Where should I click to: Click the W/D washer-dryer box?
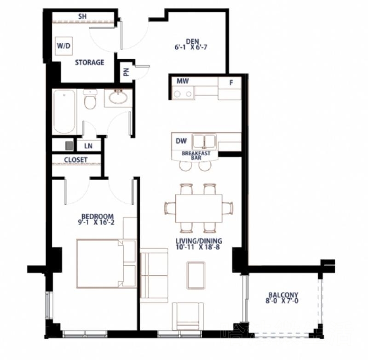click(64, 46)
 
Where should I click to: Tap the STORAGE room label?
click(89, 63)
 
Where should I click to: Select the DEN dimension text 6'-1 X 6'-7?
click(190, 47)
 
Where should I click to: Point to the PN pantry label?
click(126, 72)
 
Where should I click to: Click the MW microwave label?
click(183, 81)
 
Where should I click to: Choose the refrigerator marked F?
click(230, 88)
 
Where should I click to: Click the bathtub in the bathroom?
click(64, 112)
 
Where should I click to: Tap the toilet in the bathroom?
click(90, 99)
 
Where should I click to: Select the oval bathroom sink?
click(118, 98)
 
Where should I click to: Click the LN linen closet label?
click(88, 146)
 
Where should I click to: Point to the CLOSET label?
click(75, 160)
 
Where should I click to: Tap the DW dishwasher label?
click(181, 141)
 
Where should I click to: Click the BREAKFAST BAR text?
click(196, 156)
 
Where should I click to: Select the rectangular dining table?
click(199, 208)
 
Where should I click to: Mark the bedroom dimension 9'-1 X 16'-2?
click(96, 223)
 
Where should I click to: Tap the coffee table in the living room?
click(196, 275)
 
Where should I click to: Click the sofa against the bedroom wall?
click(154, 275)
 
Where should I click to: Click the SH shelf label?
click(82, 17)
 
